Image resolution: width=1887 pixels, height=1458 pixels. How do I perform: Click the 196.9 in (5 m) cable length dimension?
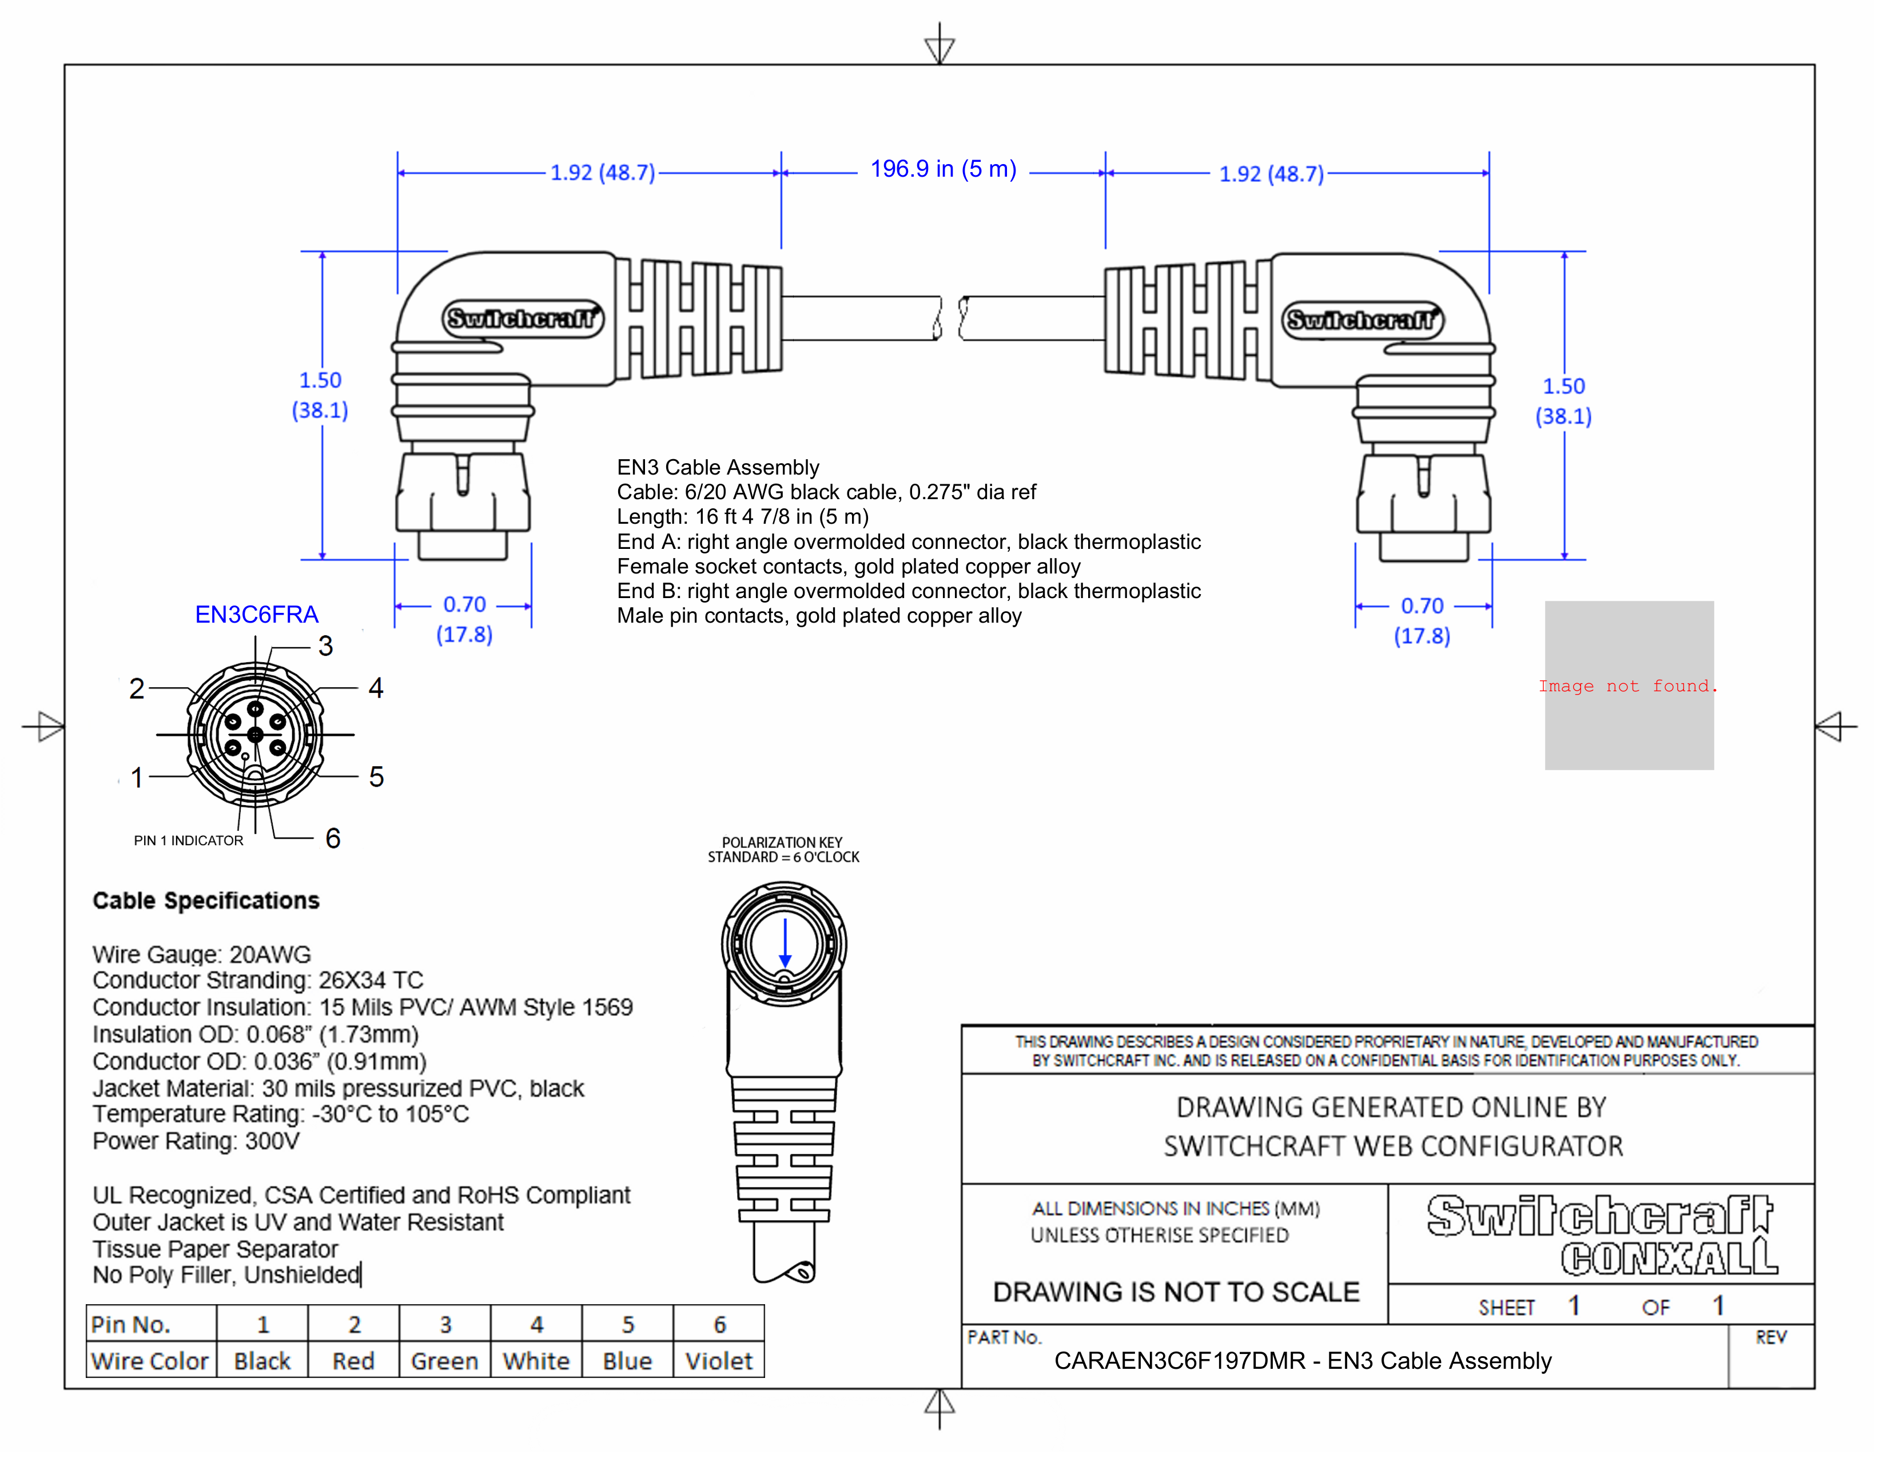click(x=942, y=169)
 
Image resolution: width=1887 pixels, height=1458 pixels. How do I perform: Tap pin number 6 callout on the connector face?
click(x=333, y=838)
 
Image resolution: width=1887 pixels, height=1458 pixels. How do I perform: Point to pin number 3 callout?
click(x=325, y=646)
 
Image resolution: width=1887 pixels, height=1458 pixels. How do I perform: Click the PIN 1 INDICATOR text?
click(x=188, y=840)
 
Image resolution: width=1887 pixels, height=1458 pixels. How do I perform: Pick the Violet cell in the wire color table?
click(x=718, y=1361)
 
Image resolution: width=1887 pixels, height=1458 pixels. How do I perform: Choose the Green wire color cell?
click(x=444, y=1361)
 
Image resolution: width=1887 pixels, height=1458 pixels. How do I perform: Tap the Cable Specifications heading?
click(x=206, y=901)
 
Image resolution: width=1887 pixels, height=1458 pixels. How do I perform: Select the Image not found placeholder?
click(x=1629, y=686)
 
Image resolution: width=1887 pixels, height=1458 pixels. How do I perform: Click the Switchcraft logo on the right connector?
click(x=1361, y=320)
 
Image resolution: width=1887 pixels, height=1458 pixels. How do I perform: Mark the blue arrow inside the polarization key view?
click(x=785, y=944)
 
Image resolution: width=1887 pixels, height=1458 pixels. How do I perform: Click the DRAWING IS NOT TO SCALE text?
click(x=1176, y=1292)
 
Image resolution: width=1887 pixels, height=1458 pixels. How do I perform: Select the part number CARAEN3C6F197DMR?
click(x=1179, y=1361)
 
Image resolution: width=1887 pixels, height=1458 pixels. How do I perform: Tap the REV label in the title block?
click(x=1770, y=1337)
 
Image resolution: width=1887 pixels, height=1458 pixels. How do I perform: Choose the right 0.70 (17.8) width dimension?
click(x=1422, y=620)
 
